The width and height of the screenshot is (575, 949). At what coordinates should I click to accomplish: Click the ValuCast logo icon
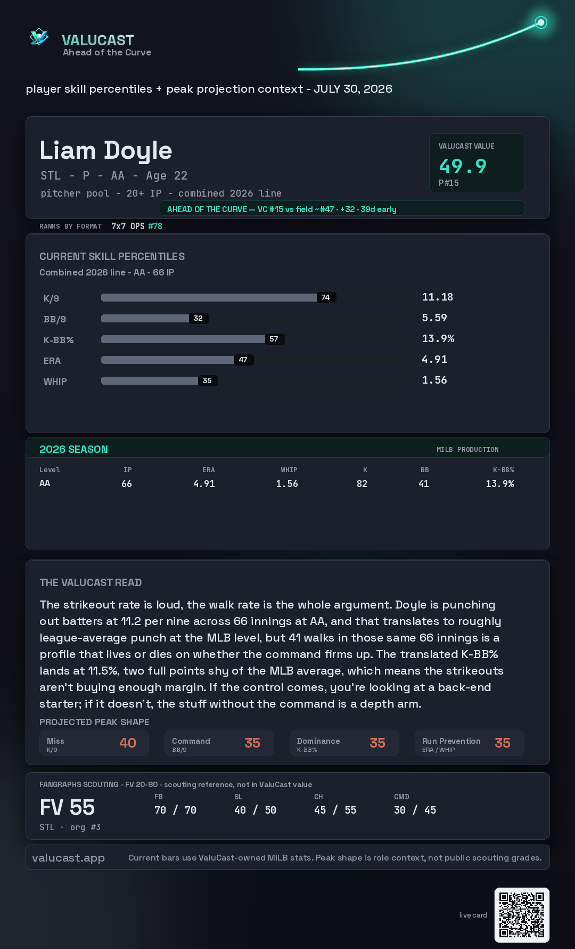tap(39, 37)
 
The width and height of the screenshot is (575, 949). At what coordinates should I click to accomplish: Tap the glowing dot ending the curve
tap(541, 22)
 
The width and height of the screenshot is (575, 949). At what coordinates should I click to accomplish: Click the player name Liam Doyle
tap(106, 151)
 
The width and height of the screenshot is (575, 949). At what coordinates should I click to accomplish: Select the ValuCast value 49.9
tap(463, 166)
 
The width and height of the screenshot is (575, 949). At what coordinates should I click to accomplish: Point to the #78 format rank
tap(155, 226)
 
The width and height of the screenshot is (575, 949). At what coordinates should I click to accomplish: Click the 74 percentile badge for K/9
tap(326, 297)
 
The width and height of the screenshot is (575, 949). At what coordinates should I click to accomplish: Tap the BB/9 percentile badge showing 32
tap(198, 318)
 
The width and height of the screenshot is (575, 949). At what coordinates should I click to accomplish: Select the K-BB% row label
tap(59, 340)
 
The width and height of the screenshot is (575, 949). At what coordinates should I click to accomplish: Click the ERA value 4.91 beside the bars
tap(434, 359)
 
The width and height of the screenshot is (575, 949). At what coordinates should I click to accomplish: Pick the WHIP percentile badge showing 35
tap(207, 380)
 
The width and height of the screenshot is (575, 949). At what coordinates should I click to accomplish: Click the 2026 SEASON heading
tap(73, 449)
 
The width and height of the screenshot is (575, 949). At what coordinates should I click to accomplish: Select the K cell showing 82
tap(362, 484)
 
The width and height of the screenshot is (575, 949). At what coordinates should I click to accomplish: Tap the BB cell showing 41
tap(424, 484)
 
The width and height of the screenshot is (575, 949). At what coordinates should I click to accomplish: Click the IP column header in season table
tap(128, 470)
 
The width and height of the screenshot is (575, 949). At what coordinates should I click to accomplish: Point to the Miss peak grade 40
tap(128, 743)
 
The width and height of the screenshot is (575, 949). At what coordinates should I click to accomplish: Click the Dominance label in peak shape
tap(318, 741)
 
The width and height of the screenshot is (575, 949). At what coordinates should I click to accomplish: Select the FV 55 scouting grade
tap(67, 808)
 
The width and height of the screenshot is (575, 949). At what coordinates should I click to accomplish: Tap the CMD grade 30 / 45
tap(415, 810)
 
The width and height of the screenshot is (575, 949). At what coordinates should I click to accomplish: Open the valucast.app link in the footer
tap(68, 858)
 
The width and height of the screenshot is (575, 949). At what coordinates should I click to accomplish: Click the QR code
tap(522, 915)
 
